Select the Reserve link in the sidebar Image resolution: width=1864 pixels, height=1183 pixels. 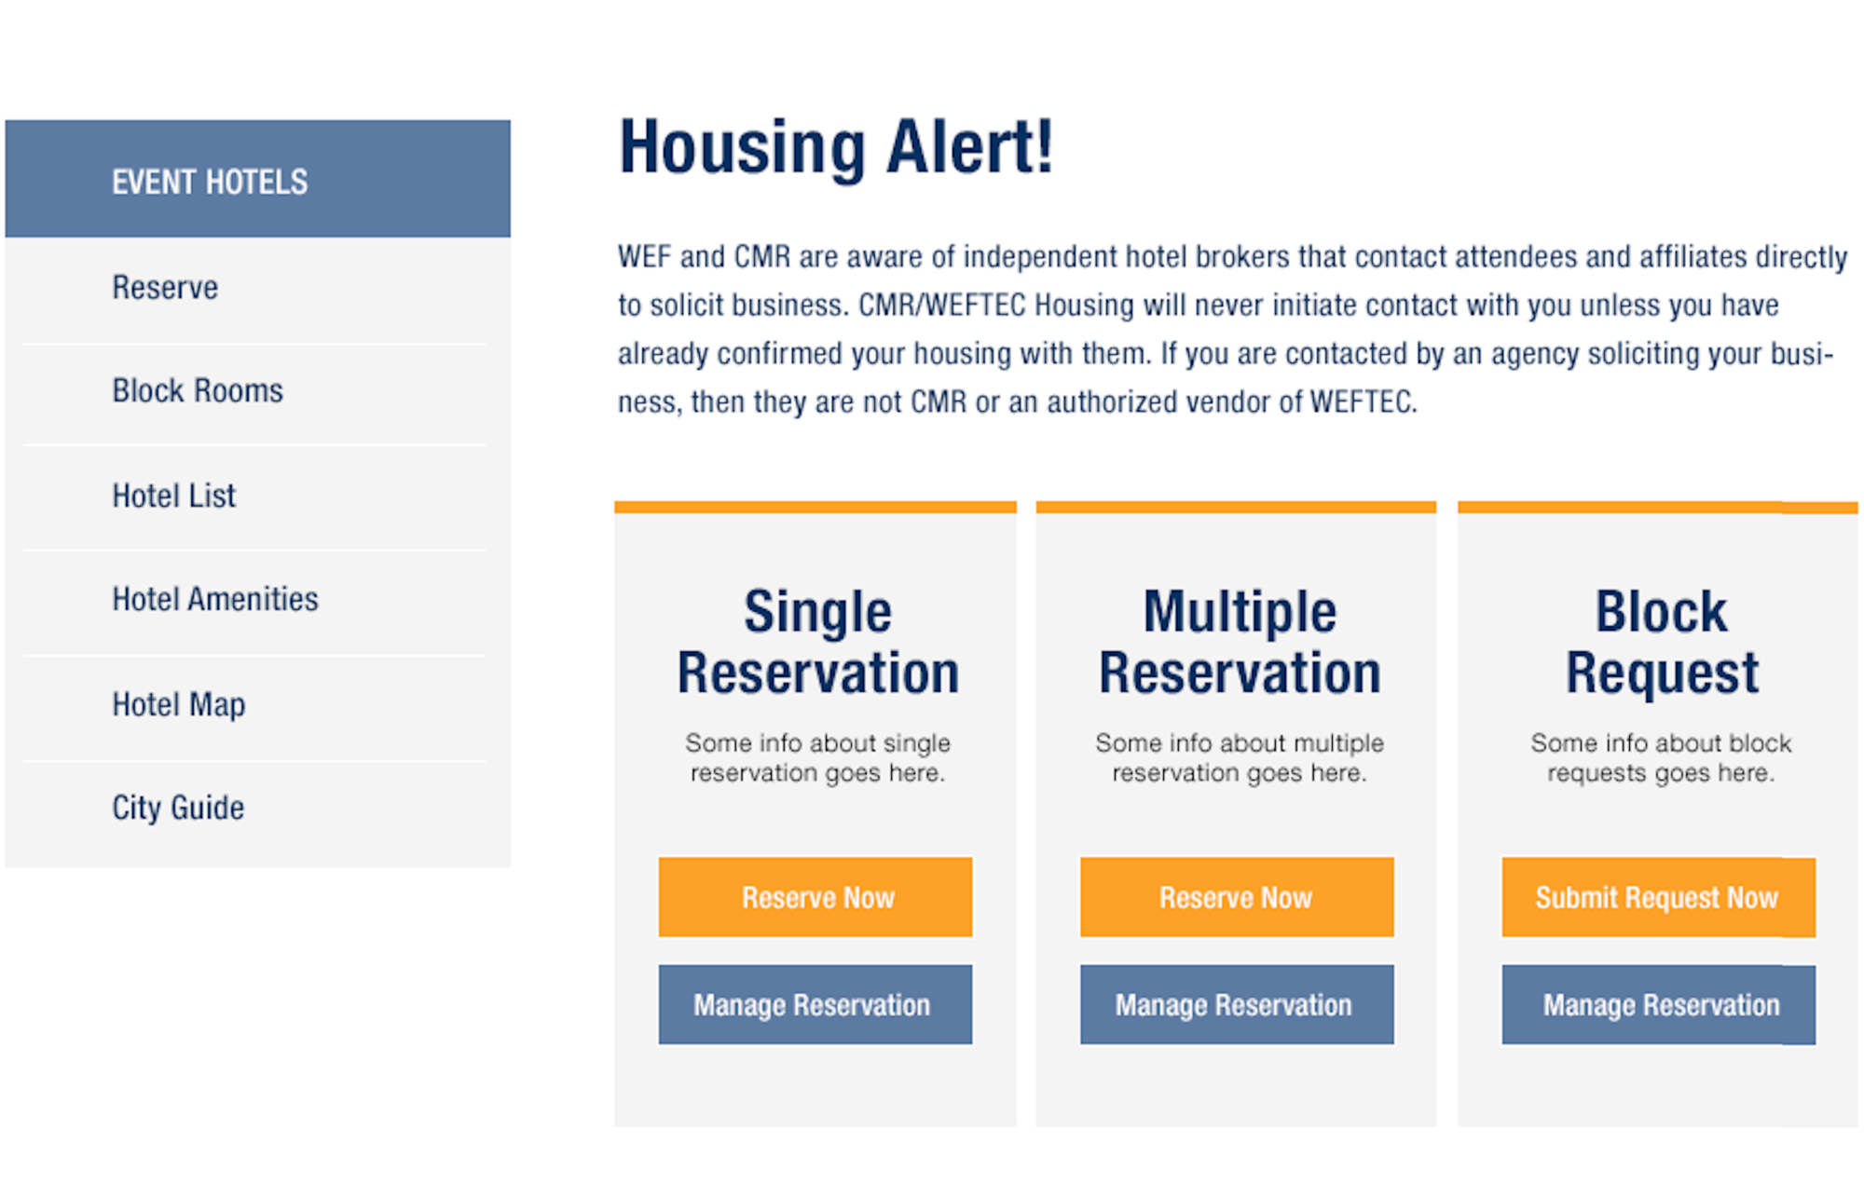[165, 288]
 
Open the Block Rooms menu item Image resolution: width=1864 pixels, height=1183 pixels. [198, 391]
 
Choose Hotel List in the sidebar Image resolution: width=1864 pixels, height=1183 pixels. [174, 496]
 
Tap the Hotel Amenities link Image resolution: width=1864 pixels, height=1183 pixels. [215, 599]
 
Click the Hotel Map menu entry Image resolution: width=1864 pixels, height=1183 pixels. [179, 705]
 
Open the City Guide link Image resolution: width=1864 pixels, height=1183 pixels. [178, 808]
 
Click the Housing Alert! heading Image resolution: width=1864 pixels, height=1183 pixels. [836, 147]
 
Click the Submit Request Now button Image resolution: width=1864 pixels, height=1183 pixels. [1658, 897]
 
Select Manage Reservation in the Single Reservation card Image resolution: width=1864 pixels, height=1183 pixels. [815, 1004]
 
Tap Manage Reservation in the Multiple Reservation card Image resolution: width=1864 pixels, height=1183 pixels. [1237, 1004]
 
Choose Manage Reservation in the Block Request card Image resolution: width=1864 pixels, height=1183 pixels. [1658, 1004]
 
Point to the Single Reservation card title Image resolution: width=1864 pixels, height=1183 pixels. [817, 642]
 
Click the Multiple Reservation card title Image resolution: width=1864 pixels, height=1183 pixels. [1240, 642]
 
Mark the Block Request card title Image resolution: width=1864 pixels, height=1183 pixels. [1662, 642]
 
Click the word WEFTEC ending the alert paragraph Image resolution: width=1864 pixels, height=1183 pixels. [1363, 402]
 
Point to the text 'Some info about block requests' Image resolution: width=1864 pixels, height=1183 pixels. [1661, 757]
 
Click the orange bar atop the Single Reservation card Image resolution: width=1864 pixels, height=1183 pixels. [815, 507]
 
